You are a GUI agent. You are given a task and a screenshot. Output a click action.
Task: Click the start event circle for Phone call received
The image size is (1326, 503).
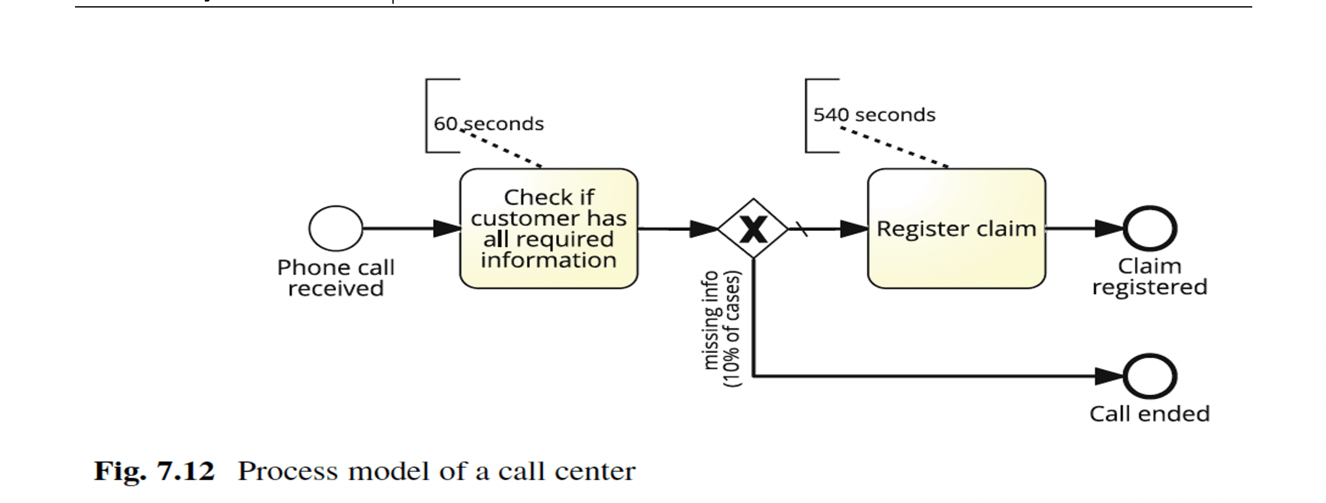click(336, 228)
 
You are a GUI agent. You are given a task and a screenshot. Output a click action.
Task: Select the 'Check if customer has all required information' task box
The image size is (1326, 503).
click(549, 228)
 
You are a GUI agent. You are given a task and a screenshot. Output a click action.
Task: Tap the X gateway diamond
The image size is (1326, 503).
click(753, 229)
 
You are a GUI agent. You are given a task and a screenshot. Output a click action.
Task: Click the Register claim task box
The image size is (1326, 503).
click(956, 228)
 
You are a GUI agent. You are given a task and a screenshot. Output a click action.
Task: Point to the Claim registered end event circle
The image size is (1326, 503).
click(1150, 228)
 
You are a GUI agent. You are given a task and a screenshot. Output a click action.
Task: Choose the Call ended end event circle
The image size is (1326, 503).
click(1150, 376)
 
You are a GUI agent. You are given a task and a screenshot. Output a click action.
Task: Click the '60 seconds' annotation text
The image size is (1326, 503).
click(489, 124)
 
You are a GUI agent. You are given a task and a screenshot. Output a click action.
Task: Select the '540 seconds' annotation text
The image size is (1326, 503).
click(874, 115)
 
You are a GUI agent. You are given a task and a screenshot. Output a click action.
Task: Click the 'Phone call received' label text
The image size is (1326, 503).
click(336, 278)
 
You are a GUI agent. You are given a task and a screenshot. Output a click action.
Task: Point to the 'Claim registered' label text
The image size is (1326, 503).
click(1150, 277)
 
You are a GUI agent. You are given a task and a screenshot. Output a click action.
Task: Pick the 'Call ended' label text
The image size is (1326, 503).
click(1150, 414)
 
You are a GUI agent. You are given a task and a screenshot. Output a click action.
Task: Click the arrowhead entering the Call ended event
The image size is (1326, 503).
click(1110, 376)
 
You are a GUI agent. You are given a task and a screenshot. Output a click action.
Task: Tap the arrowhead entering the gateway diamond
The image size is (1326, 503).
click(704, 229)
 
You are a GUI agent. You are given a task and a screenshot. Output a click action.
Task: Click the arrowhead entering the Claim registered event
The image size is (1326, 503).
click(1109, 228)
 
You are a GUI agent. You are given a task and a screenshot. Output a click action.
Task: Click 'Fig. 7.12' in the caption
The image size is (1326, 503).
click(154, 471)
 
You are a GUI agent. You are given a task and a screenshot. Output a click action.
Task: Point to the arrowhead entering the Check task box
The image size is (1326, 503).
click(447, 228)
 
